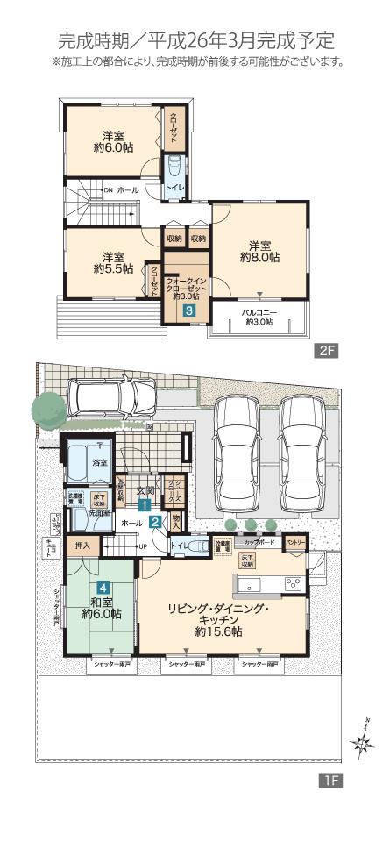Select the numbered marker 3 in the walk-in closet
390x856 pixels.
[x=188, y=310]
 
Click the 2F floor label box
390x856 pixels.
[x=326, y=351]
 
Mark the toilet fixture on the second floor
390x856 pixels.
[x=174, y=167]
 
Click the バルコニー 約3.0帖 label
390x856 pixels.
[x=259, y=317]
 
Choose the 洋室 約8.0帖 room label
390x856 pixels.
[x=260, y=251]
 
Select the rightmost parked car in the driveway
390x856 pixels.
[x=304, y=447]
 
